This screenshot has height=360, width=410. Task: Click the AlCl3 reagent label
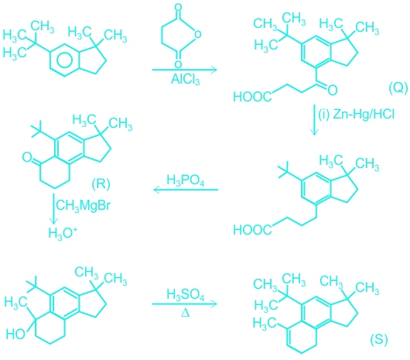[x=186, y=79]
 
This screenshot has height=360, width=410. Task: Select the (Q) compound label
[x=398, y=87]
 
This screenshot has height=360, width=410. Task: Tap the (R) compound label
[x=101, y=183]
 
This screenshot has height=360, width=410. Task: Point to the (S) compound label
[x=379, y=340]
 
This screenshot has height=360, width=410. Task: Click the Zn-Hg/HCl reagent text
[x=364, y=115]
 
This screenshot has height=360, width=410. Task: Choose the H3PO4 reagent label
[x=186, y=180]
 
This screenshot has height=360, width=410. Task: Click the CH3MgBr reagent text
[x=84, y=205]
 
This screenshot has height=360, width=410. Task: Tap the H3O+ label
[x=63, y=233]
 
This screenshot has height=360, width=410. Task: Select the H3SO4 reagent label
[x=186, y=294]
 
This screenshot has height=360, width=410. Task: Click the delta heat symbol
[x=185, y=313]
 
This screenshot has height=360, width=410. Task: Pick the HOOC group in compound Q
[x=252, y=97]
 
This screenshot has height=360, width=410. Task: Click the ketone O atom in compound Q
[x=333, y=91]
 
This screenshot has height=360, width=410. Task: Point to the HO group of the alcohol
[x=15, y=334]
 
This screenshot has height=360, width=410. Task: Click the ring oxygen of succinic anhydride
[x=198, y=34]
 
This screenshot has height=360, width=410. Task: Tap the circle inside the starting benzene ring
[x=64, y=60]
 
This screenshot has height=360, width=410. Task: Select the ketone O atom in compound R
[x=27, y=157]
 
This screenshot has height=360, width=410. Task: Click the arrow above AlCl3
[x=185, y=70]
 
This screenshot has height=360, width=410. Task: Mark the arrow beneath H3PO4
[x=186, y=190]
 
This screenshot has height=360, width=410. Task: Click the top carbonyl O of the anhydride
[x=178, y=7]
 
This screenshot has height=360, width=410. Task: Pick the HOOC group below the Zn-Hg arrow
[x=252, y=230]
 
